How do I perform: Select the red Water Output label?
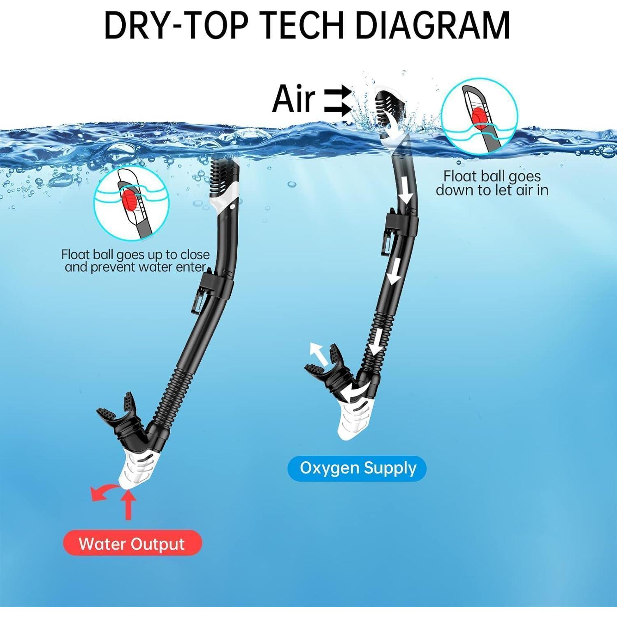[x=132, y=544]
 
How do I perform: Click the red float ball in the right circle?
[x=479, y=116]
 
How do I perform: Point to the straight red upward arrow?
[x=129, y=506]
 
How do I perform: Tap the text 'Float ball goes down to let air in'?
[x=492, y=183]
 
